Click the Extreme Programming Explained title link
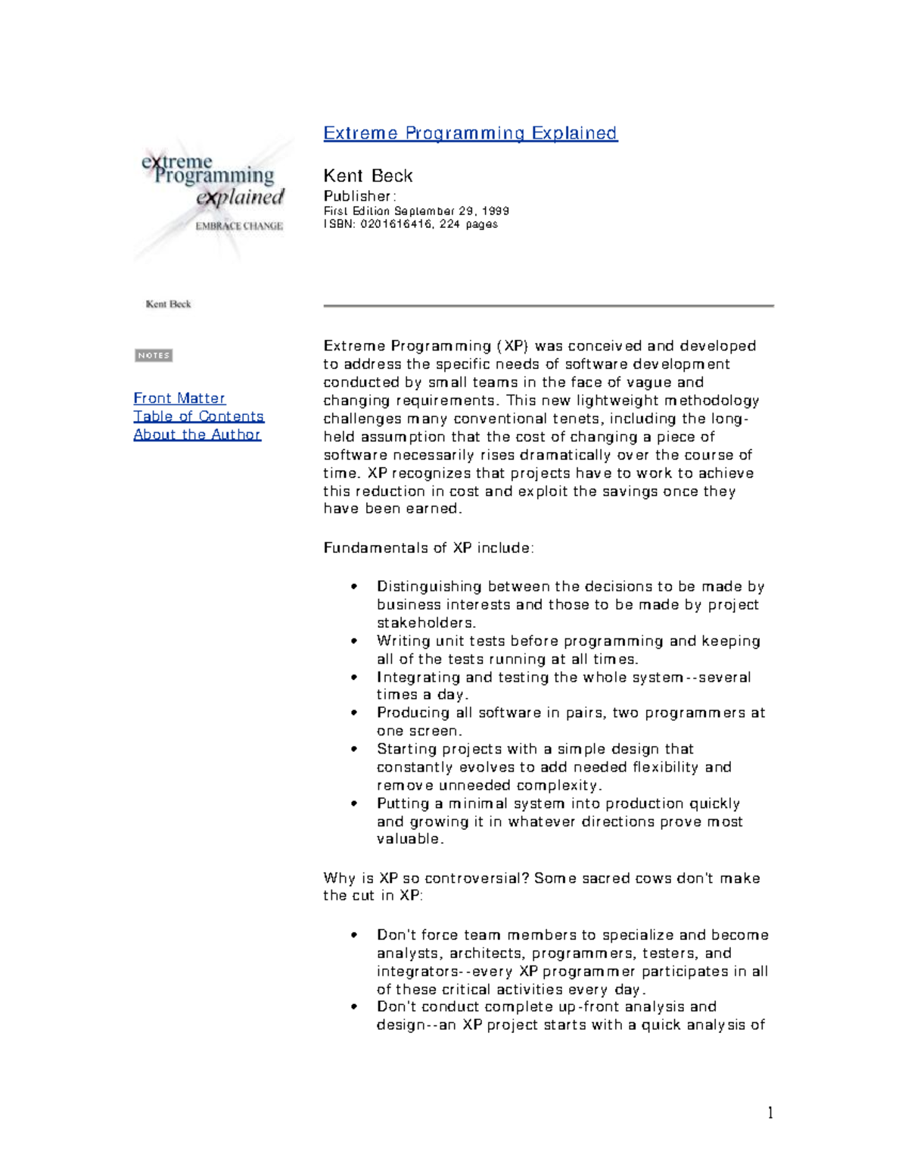point(470,133)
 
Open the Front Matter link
point(179,398)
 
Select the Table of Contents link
point(198,416)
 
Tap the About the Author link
point(197,435)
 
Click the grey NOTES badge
point(154,355)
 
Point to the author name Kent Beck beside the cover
point(368,176)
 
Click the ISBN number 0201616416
point(395,224)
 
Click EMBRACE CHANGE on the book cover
point(239,226)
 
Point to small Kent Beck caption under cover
point(168,304)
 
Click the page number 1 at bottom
point(770,1112)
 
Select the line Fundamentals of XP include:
point(428,547)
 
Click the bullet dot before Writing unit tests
point(354,641)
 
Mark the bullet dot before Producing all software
point(354,713)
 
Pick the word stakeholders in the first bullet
point(425,622)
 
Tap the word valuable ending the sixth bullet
point(409,839)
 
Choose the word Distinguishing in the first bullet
point(429,586)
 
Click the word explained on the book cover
point(240,198)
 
